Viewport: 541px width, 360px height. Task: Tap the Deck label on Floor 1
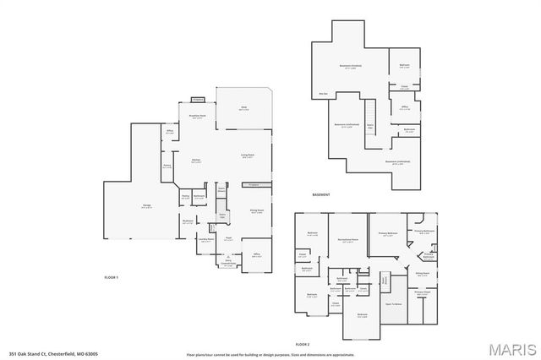click(x=243, y=108)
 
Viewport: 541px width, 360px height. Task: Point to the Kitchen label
click(x=194, y=160)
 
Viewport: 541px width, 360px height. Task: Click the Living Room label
click(x=248, y=155)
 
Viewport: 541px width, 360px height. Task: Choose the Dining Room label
click(x=256, y=212)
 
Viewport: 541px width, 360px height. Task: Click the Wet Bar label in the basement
click(x=323, y=93)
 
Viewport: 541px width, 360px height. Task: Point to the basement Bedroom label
click(x=404, y=66)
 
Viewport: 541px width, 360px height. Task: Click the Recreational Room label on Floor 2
click(x=342, y=241)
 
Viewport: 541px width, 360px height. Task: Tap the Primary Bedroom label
click(x=388, y=236)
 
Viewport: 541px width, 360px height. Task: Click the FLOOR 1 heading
click(x=111, y=278)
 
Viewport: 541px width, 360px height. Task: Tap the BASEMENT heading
click(x=321, y=194)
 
